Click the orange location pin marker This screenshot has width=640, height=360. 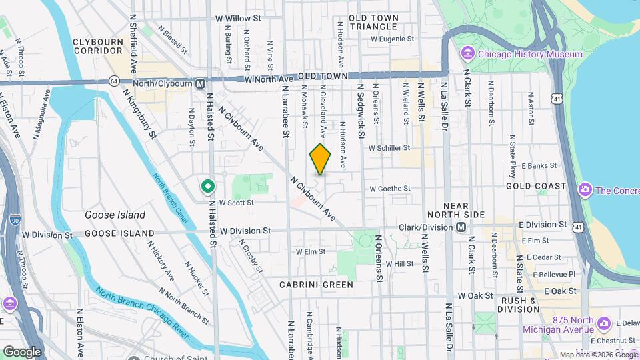320,159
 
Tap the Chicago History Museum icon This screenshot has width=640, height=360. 467,53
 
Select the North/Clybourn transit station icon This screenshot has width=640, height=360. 200,83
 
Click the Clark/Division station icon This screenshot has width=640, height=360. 461,227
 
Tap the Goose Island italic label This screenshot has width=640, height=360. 115,215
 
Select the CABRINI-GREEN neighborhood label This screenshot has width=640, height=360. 317,284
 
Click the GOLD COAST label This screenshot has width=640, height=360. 535,186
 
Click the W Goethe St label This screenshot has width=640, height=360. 389,189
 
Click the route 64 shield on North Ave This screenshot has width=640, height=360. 114,81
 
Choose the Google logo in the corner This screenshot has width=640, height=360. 22,351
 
